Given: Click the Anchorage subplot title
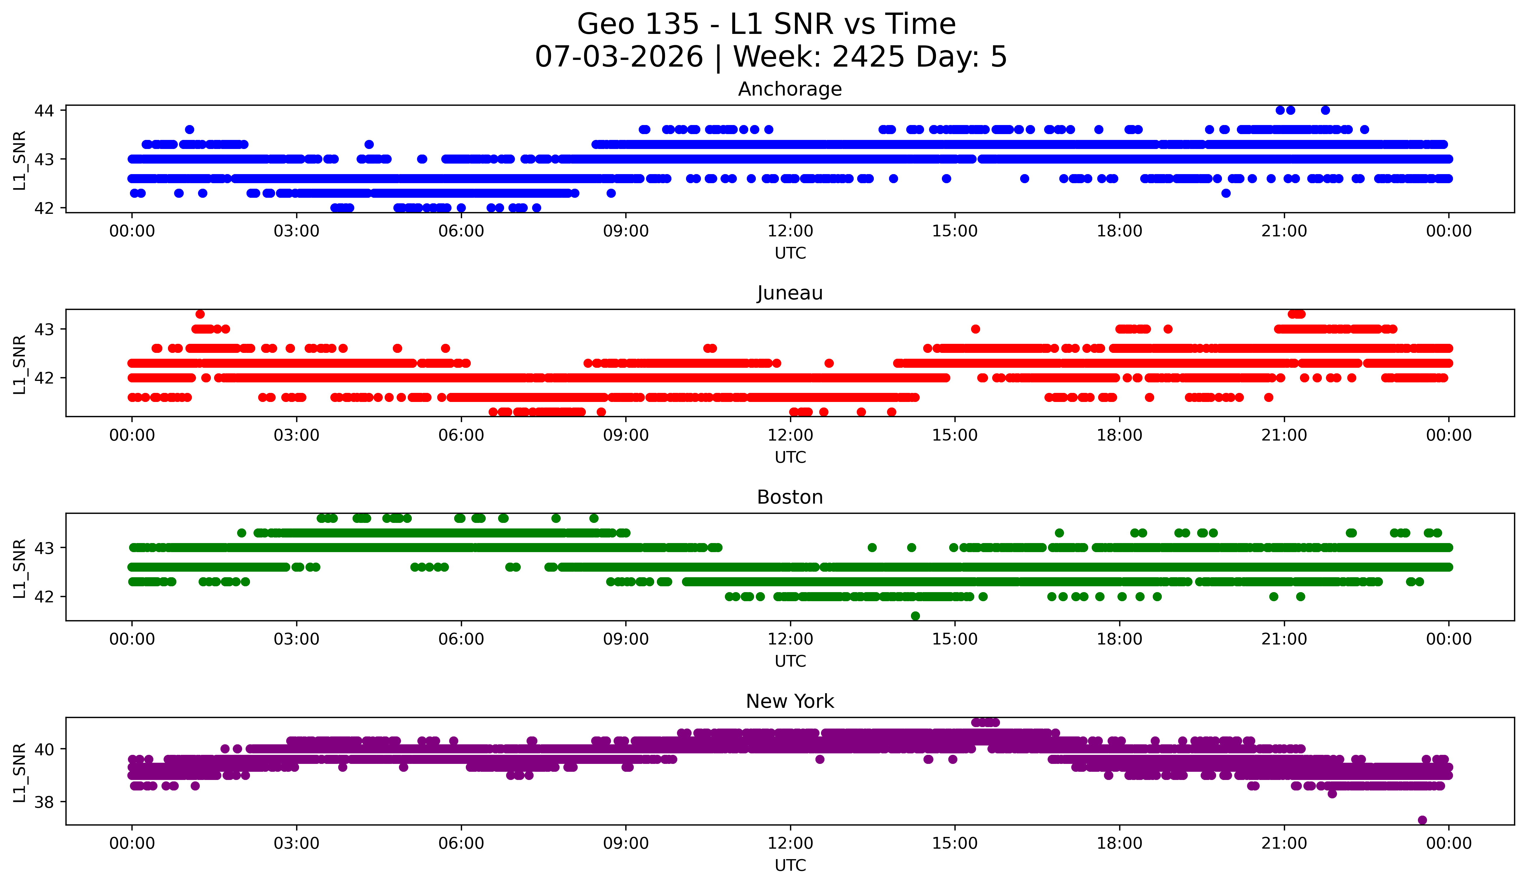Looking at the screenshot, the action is tap(790, 89).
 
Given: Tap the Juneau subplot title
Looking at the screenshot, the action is tap(790, 293).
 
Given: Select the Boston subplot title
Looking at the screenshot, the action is tap(790, 497).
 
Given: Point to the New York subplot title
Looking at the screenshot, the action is tap(790, 701).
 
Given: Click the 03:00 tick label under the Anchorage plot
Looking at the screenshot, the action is tap(297, 231).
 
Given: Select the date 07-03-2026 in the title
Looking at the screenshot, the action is tap(619, 57).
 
